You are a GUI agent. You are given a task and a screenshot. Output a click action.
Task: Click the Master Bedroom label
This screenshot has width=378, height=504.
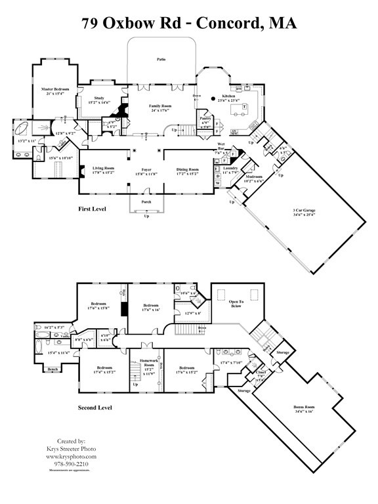[x=56, y=89]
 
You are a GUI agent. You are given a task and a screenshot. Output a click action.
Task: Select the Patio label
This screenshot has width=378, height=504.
[x=161, y=59]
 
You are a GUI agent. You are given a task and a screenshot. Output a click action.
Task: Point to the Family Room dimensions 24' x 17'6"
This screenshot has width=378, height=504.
[x=159, y=110]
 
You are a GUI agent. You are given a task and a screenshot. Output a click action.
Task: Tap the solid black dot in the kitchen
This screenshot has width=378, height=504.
[x=213, y=99]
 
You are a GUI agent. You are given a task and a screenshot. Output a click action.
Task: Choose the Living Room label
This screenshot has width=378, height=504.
[x=102, y=169]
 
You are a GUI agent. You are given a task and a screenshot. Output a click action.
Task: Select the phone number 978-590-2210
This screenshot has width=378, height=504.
[x=76, y=464]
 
